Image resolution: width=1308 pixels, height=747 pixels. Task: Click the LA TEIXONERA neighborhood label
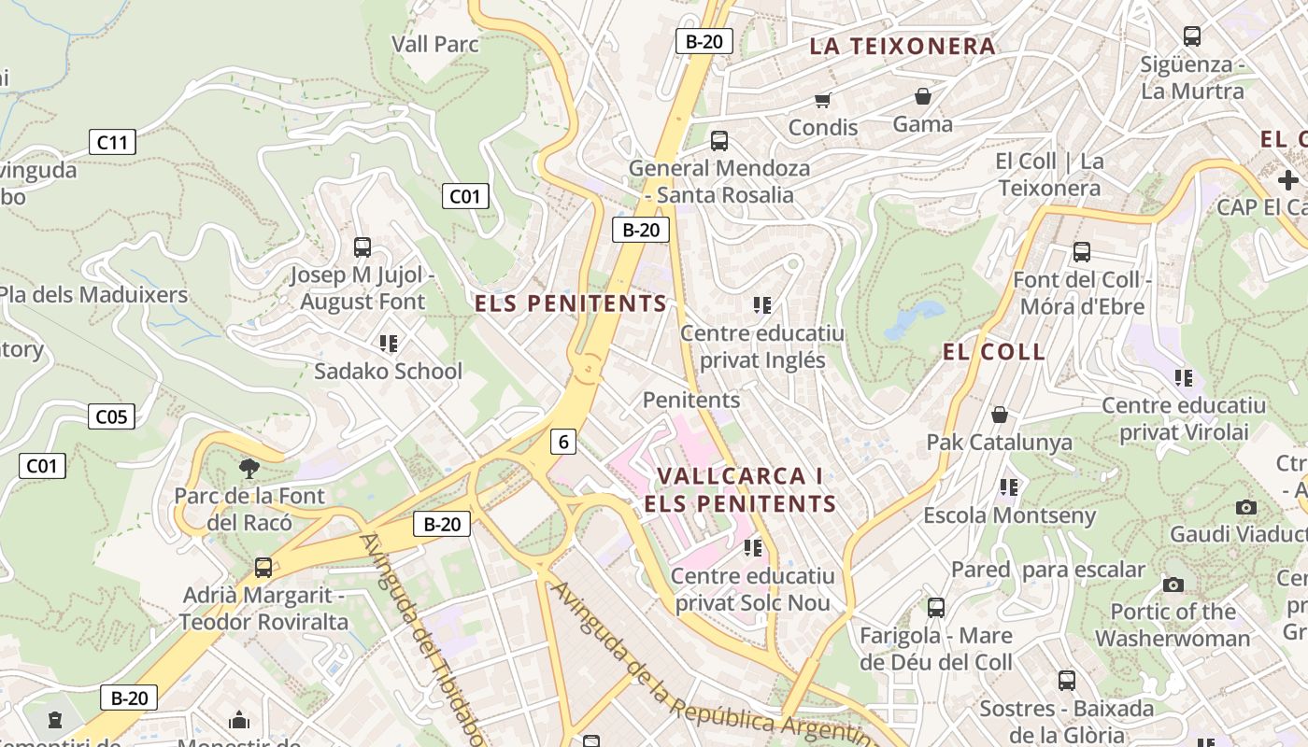point(902,47)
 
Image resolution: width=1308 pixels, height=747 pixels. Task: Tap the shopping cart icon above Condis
point(822,100)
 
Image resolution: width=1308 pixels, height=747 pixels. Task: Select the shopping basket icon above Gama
point(923,96)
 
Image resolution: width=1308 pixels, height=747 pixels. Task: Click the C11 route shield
point(112,142)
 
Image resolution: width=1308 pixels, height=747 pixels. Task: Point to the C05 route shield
point(111,416)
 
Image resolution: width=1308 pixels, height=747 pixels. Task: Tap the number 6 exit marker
point(562,442)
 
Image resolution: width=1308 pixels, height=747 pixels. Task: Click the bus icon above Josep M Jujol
point(363,247)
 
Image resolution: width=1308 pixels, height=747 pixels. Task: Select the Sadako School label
point(388,372)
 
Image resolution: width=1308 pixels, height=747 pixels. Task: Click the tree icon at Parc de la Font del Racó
point(249,468)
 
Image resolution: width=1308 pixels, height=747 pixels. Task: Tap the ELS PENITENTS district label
point(571,303)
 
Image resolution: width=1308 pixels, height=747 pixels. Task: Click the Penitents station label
point(691,401)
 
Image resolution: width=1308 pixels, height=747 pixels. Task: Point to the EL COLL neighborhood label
point(994,352)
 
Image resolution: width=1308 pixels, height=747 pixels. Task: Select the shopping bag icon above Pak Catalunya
point(1000,414)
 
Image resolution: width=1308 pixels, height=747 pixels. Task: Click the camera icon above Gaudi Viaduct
point(1246,507)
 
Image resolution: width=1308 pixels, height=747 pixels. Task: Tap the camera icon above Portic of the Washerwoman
point(1173,585)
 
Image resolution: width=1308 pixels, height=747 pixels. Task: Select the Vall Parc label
point(435,44)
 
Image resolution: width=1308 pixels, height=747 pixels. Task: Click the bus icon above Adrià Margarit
point(263,567)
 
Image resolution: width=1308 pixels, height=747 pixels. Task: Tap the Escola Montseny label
point(1009,515)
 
